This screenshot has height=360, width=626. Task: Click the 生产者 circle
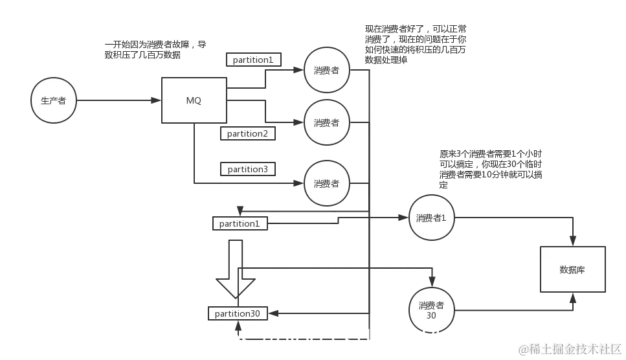point(53,101)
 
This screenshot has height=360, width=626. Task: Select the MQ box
point(194,100)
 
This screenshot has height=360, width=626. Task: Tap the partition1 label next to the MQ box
point(253,60)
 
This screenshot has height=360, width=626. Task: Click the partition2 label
point(247,133)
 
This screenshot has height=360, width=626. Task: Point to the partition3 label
point(247,169)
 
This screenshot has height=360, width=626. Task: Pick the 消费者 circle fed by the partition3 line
point(326,183)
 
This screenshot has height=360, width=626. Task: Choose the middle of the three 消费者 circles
point(326,122)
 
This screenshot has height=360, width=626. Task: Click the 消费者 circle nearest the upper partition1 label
point(326,71)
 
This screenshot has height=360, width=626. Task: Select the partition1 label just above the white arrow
point(240,223)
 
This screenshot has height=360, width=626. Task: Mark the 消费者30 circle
point(431,309)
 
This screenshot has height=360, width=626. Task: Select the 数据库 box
point(572,269)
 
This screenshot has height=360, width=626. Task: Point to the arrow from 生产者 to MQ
point(117,101)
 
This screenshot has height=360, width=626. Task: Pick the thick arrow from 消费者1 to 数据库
point(518,218)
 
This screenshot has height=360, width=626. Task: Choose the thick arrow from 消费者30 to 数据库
point(518,309)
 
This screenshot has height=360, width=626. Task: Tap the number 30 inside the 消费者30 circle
point(431,315)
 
